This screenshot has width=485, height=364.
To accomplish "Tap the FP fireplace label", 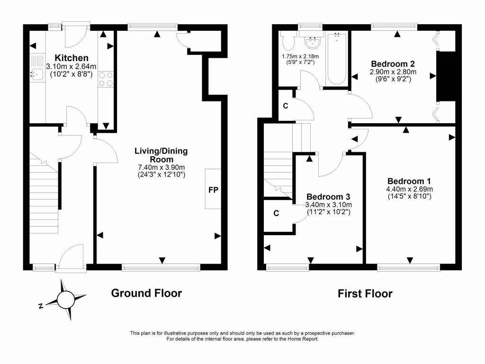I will point(213,190).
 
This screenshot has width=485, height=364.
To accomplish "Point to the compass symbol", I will point(66,300).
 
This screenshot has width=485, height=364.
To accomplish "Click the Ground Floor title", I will point(146,293).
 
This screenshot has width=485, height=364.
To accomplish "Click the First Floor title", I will point(365,294).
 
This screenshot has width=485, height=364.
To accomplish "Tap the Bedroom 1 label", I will point(409,181).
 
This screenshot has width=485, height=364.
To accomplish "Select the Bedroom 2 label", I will point(393,64).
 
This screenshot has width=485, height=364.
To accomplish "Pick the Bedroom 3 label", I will point(328,197).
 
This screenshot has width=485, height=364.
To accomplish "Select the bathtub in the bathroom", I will point(337,58).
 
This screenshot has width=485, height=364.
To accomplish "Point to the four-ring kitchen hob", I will point(105,79).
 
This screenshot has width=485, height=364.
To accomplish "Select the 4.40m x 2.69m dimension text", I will point(409,189).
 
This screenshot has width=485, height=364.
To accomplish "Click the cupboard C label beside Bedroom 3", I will point(276,213).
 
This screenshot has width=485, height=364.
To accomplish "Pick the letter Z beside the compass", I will point(41,306).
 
